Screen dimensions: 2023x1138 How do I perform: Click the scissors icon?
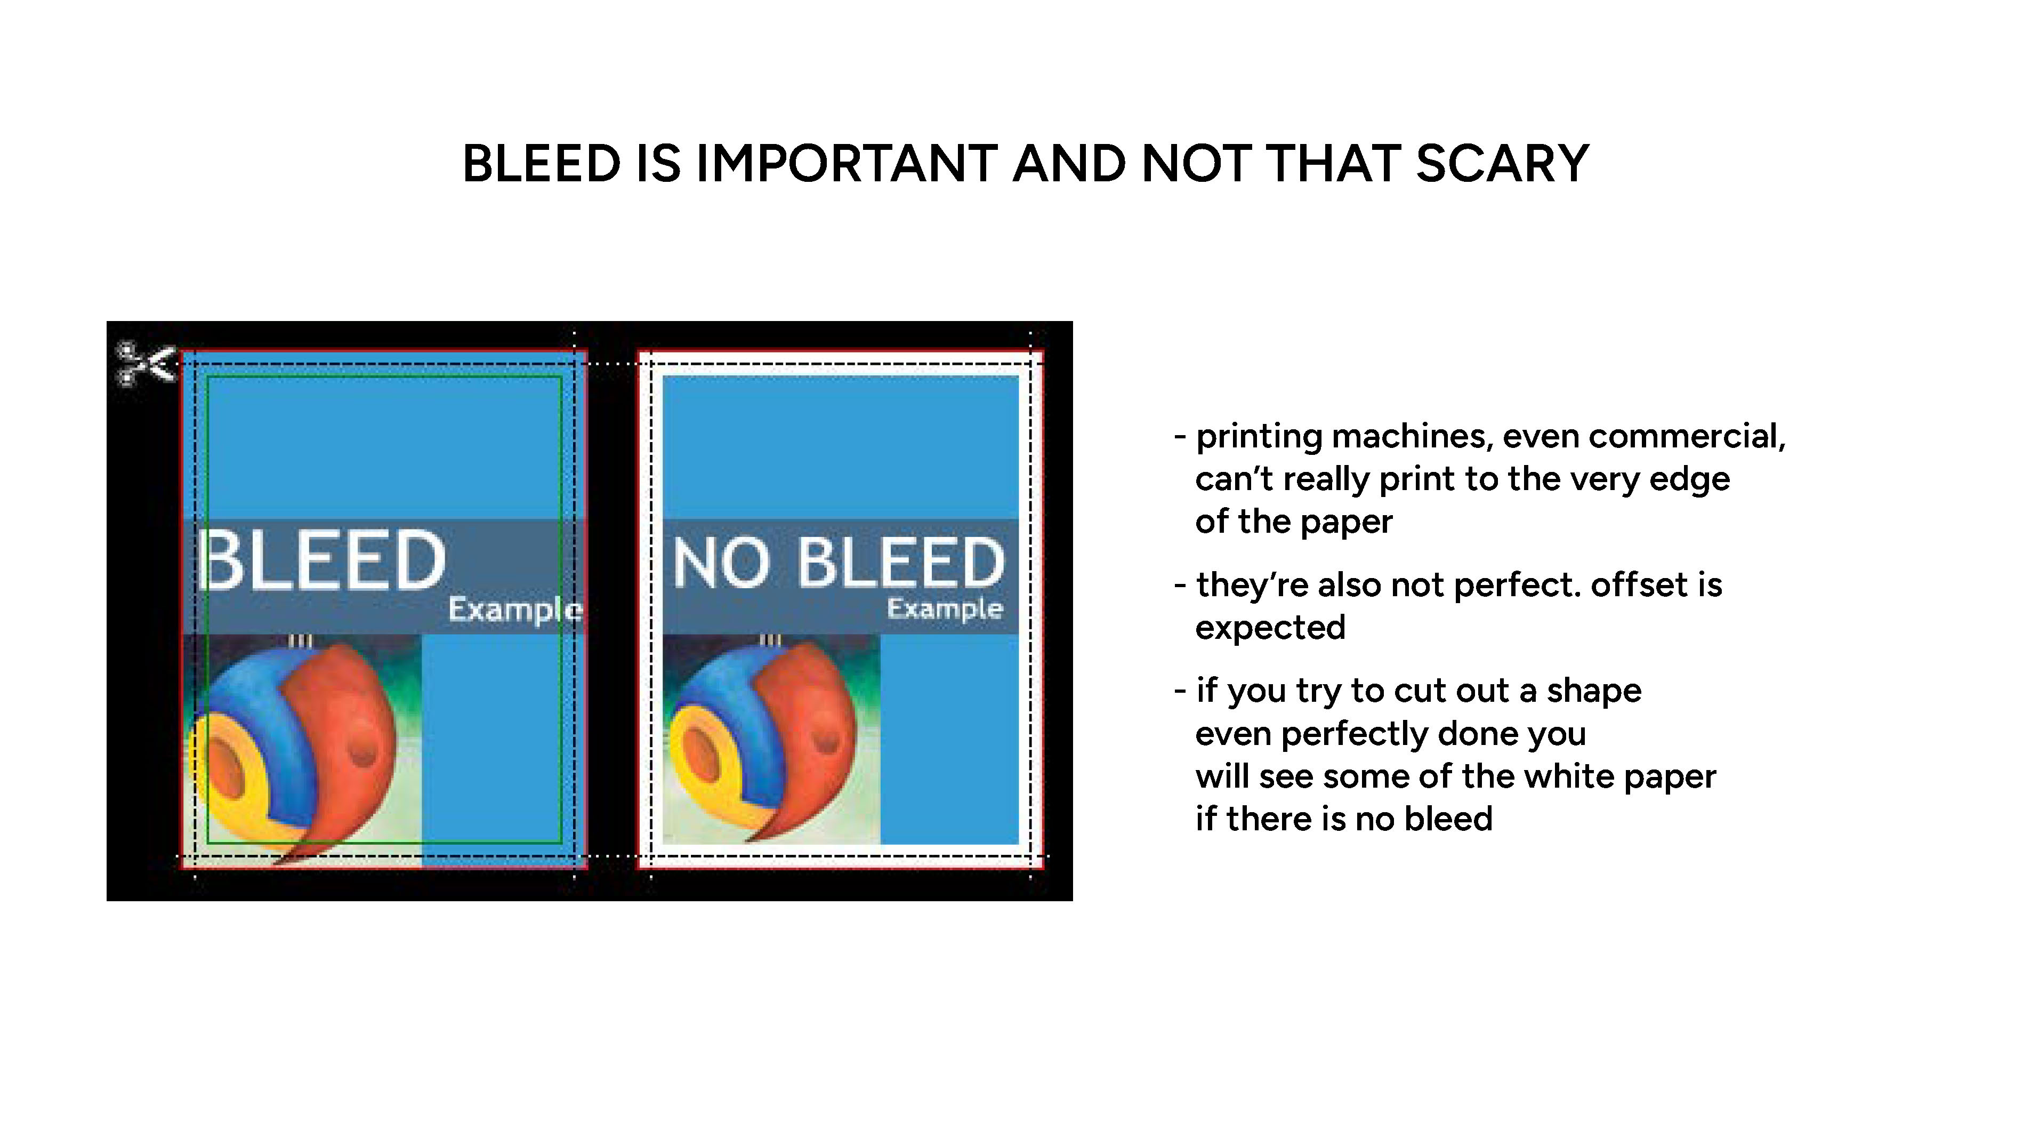click(x=146, y=364)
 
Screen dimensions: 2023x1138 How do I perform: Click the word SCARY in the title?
click(x=1502, y=164)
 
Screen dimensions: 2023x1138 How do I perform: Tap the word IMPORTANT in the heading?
click(x=847, y=164)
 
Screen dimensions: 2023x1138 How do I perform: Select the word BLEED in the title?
click(x=541, y=164)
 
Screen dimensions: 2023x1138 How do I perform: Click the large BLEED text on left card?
click(x=323, y=559)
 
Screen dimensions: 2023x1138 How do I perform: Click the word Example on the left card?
click(x=515, y=610)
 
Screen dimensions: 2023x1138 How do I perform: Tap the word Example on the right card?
click(x=945, y=608)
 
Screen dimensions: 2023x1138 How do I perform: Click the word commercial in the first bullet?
click(x=1687, y=437)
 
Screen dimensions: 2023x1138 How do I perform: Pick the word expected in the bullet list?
click(x=1270, y=628)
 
